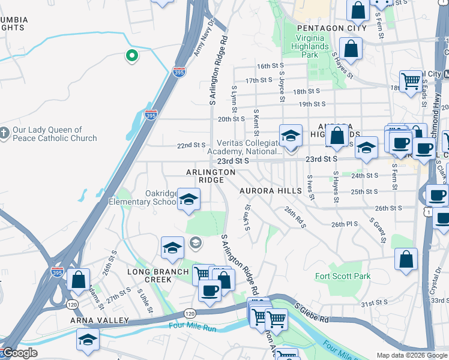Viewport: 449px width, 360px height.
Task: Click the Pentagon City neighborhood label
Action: click(x=332, y=28)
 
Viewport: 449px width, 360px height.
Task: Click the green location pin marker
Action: click(x=131, y=56)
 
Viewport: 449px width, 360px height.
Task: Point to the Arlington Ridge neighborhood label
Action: click(x=210, y=176)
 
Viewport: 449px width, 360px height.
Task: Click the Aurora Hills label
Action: click(x=270, y=191)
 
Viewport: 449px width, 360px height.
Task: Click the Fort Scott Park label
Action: click(x=343, y=277)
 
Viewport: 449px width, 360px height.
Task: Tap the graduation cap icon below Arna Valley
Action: click(x=88, y=340)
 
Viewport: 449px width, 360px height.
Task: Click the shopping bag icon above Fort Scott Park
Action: click(x=406, y=259)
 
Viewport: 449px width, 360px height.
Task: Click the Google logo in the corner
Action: click(x=20, y=353)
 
